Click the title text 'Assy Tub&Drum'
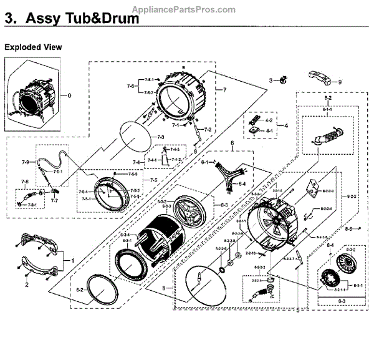tap(82, 19)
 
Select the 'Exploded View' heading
tap(33, 47)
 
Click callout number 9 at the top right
tap(340, 82)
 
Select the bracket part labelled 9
tap(319, 77)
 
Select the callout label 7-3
tap(160, 137)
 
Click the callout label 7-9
tap(25, 163)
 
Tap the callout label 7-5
tap(154, 180)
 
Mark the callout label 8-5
tap(350, 230)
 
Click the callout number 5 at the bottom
tap(297, 309)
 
